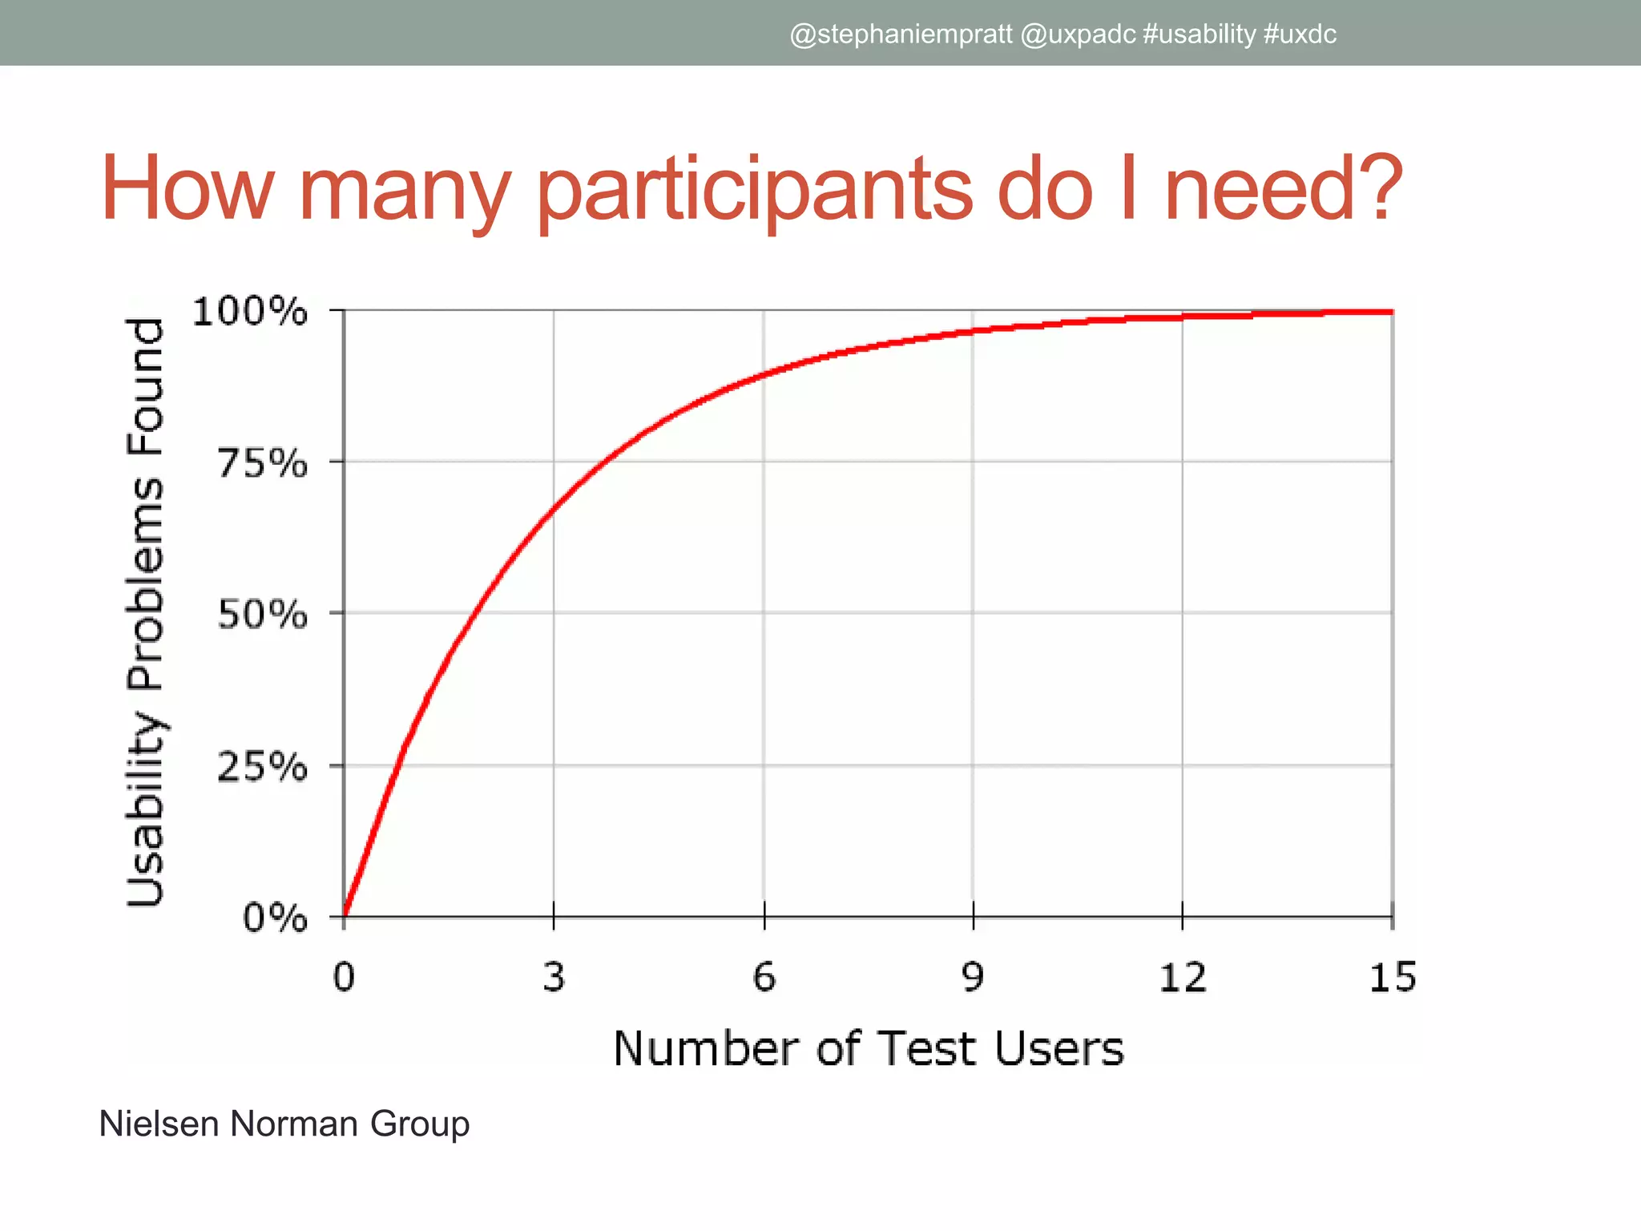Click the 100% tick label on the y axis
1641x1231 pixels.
coord(250,311)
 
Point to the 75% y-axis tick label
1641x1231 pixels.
coord(263,463)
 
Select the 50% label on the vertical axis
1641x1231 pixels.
coord(263,615)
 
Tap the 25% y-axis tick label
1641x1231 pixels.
coord(263,768)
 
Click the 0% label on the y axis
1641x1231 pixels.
coord(275,918)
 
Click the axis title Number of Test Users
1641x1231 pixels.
coord(869,1048)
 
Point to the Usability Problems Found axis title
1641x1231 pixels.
coord(146,613)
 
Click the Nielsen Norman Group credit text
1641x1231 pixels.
coord(284,1124)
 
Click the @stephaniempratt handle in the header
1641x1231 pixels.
coord(901,34)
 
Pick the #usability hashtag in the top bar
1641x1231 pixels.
coord(1200,34)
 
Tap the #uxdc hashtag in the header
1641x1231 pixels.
coord(1300,34)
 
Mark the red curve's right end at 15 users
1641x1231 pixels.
coord(1391,312)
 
